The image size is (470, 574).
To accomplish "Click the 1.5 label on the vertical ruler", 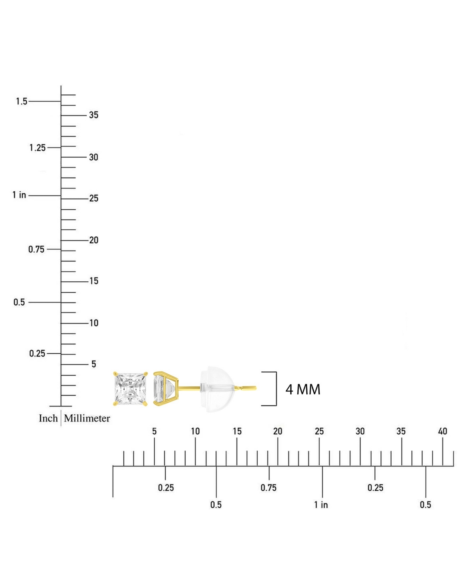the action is click(22, 101).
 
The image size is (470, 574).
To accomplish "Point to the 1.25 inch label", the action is click(38, 148).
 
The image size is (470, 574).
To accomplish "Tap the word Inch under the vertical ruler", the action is click(48, 418).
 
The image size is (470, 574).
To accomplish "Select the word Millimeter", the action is click(87, 418).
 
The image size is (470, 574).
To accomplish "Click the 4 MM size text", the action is click(303, 389).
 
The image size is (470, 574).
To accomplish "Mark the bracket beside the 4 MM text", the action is click(276, 389).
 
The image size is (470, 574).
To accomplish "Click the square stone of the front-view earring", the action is click(130, 389).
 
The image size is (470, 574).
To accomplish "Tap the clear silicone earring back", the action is click(217, 389).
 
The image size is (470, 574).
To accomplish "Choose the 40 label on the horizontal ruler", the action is click(443, 431).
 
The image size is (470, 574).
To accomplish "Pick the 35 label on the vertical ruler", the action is click(94, 115).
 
